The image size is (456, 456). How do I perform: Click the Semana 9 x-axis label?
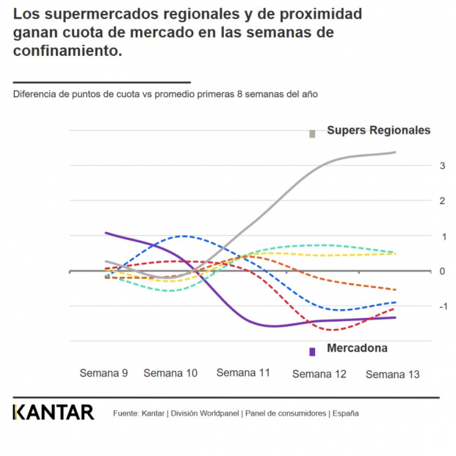coord(104,373)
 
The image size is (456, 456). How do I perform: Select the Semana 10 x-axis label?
coord(170,373)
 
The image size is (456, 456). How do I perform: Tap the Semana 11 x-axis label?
coord(243,372)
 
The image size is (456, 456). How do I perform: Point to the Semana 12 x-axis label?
coord(319,374)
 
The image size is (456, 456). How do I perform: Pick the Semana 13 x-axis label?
coord(392,374)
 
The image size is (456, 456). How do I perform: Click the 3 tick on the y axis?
coord(443,166)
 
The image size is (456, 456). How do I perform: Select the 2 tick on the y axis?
coord(443,201)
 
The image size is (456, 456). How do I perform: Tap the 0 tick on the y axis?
coord(443,271)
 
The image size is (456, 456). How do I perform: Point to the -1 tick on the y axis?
coord(441,306)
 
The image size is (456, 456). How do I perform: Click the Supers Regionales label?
coord(378,131)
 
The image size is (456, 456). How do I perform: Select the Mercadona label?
coord(357,349)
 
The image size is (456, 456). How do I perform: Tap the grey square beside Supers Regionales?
coord(312,134)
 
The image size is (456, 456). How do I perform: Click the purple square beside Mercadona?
coord(312,352)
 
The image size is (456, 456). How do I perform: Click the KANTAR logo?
coord(54,413)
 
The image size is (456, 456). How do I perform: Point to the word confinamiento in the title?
coord(65,51)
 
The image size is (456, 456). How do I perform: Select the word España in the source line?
coord(345,413)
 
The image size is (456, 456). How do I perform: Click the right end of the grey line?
coord(396,153)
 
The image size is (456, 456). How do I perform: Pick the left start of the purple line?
coord(106,233)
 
